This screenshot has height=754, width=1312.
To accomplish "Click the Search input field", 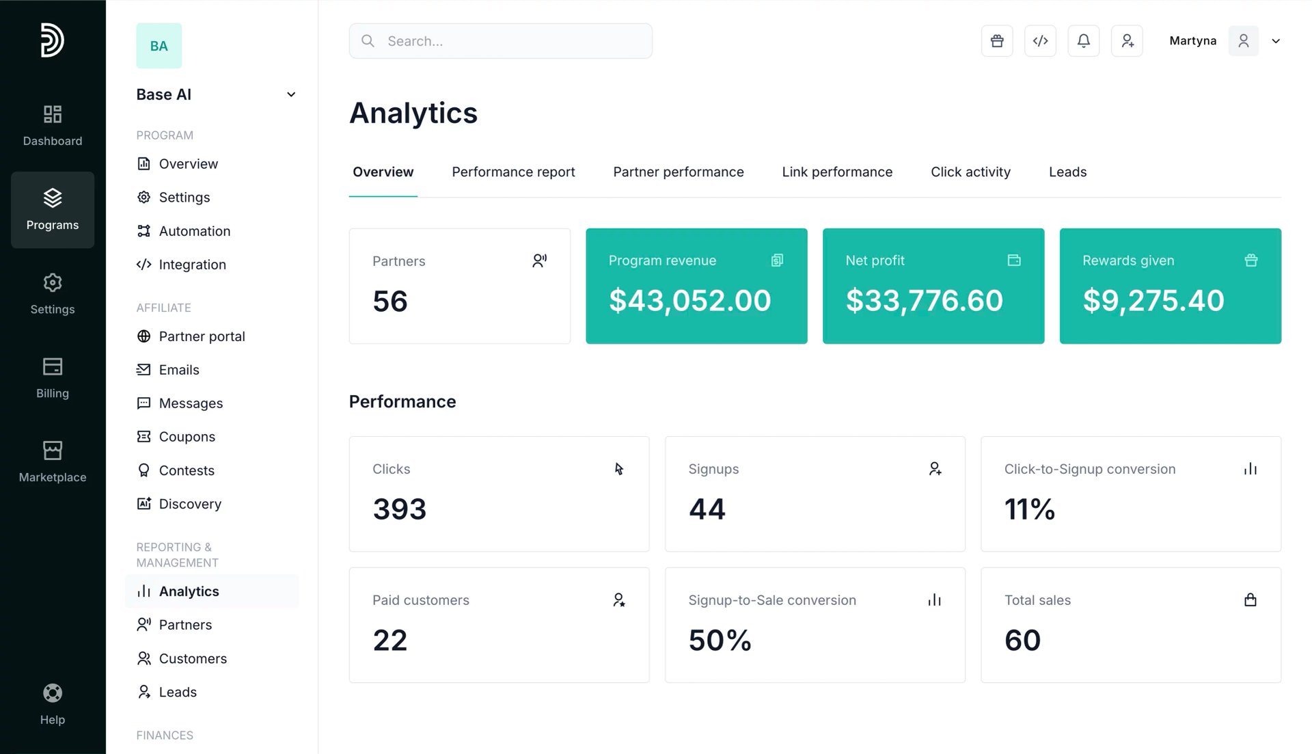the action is (x=500, y=41).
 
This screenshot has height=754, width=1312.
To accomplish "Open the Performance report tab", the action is (x=513, y=172).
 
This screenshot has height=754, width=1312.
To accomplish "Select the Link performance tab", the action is (x=837, y=172).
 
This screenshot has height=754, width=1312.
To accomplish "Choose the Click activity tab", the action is (x=970, y=172).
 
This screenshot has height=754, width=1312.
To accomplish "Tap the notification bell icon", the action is (x=1084, y=41).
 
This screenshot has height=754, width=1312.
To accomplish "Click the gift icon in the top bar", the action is (x=997, y=41).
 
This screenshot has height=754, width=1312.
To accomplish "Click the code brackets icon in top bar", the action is (x=1040, y=41).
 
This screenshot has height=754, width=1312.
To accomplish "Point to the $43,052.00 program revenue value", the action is (x=690, y=301).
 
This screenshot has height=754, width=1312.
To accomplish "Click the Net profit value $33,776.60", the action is (x=925, y=301).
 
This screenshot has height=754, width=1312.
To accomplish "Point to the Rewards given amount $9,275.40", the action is (x=1153, y=301).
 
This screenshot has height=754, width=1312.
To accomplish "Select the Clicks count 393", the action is (x=400, y=509).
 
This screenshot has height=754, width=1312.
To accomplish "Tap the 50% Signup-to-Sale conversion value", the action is (x=720, y=641).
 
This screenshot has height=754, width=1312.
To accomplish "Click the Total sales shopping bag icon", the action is (x=1250, y=600).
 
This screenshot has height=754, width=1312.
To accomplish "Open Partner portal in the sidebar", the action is (x=202, y=336).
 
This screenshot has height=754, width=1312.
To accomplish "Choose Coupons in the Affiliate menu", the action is (x=187, y=437).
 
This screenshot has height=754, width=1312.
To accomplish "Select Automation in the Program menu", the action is (x=194, y=231).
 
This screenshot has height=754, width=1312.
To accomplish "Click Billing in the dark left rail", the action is (x=53, y=378).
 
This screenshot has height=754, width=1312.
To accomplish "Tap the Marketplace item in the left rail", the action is (x=53, y=462).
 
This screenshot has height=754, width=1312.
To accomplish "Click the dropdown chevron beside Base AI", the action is (x=291, y=94).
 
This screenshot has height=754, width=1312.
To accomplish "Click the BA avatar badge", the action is (x=159, y=46).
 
